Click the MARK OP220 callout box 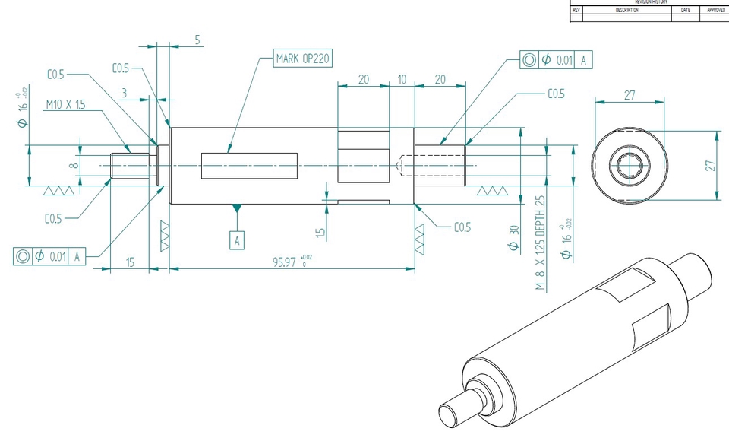[x=303, y=59]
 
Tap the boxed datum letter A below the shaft [x=238, y=240]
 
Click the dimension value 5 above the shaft [x=197, y=40]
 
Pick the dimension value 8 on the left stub [x=73, y=166]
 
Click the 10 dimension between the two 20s [x=402, y=79]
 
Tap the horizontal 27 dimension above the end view [x=629, y=96]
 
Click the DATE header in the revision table [x=686, y=11]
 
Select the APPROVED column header [x=715, y=11]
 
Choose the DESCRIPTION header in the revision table [x=627, y=11]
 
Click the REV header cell [x=576, y=11]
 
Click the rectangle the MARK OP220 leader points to [x=249, y=166]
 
